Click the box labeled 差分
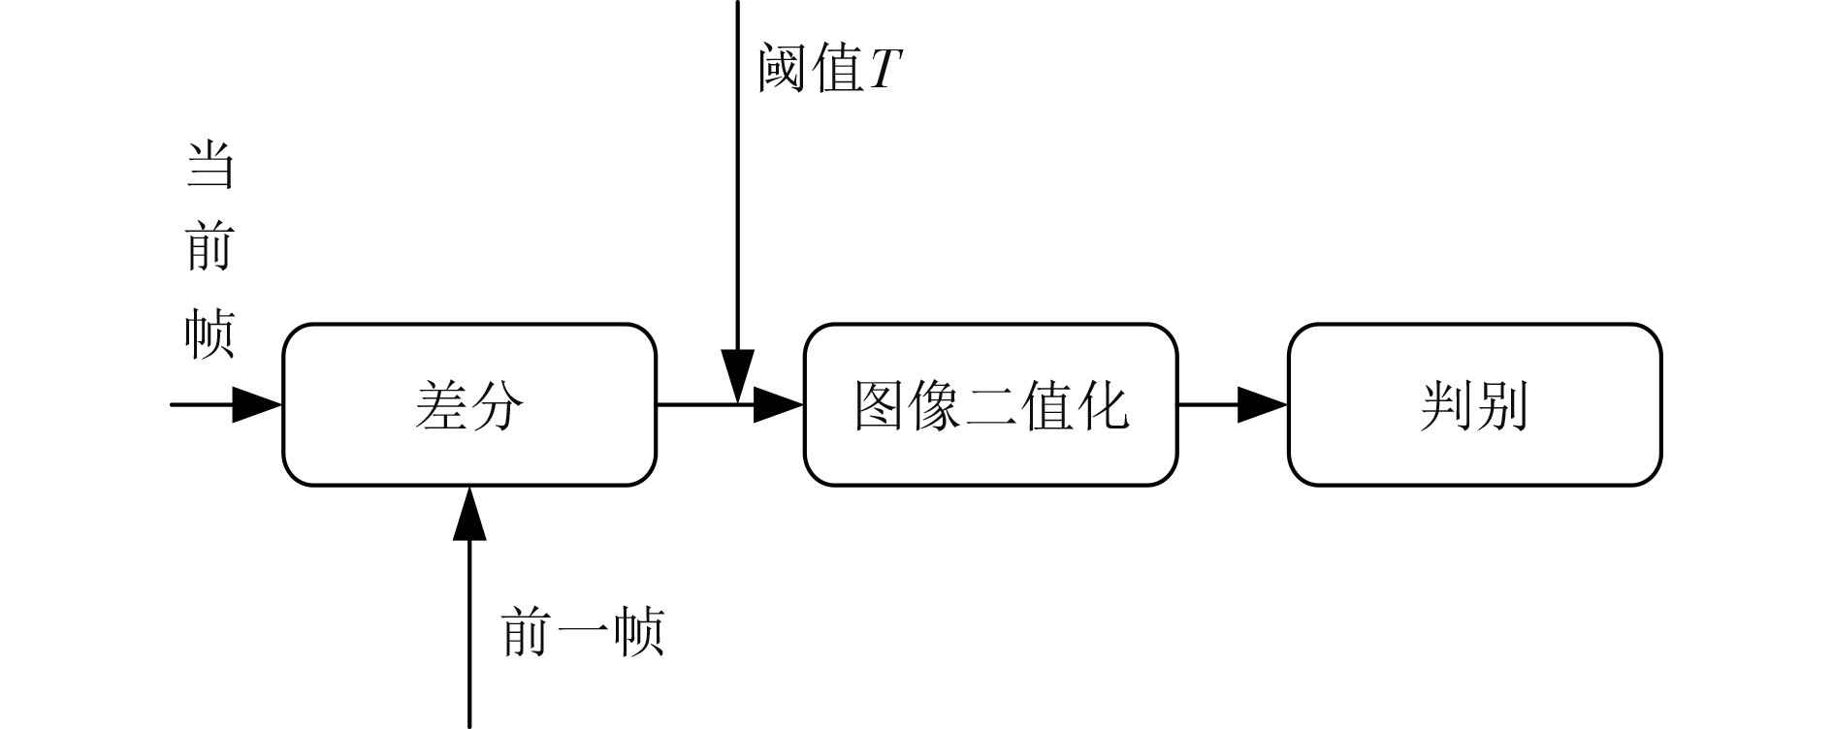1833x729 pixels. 469,404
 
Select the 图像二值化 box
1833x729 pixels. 990,404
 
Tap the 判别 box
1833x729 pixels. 1474,404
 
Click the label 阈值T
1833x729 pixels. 829,69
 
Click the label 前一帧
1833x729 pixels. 582,633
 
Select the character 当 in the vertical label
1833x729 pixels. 209,166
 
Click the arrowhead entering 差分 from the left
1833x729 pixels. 257,404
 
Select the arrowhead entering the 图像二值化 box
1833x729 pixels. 779,404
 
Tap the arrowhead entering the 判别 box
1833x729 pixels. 1263,404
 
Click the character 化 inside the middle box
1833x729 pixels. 1103,405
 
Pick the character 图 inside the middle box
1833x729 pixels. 879,405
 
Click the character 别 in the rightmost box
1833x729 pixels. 1501,405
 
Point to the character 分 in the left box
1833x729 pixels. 498,405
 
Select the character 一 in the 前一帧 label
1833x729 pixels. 582,633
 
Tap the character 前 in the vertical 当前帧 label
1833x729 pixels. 209,248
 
